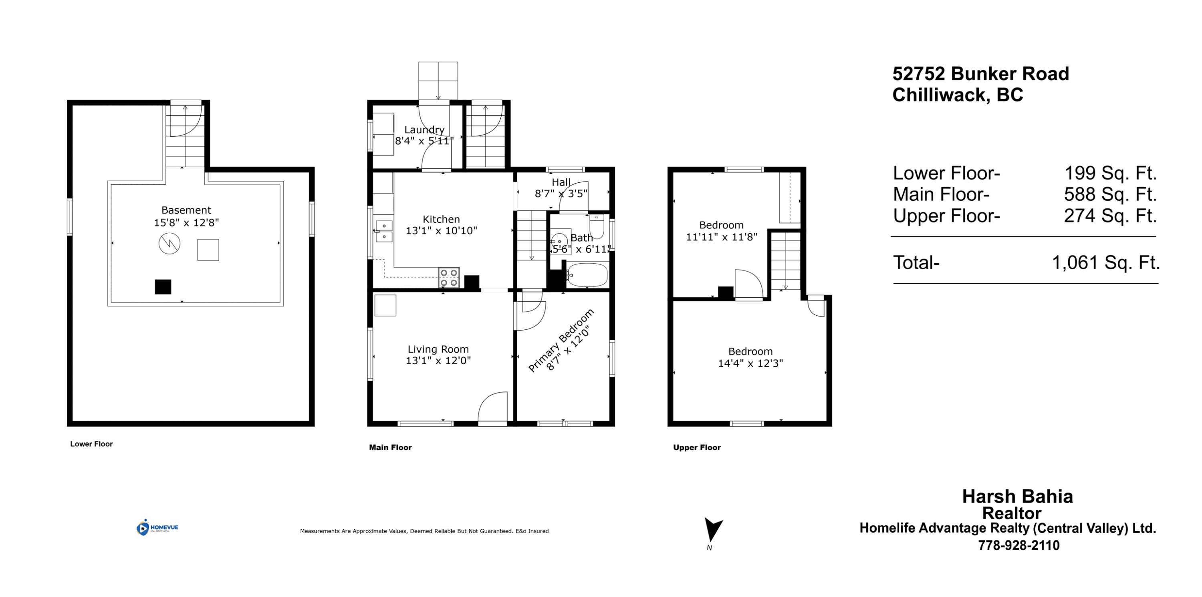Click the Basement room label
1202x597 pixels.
(x=186, y=210)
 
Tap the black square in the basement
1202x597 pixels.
(x=163, y=286)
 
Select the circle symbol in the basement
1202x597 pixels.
(x=169, y=243)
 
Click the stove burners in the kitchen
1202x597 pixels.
(x=449, y=278)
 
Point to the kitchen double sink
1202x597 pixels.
(x=384, y=230)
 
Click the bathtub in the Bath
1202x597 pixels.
(x=587, y=275)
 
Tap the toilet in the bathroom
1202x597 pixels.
(x=597, y=227)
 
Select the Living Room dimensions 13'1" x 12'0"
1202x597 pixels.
(x=438, y=360)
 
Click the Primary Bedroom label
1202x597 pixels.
(x=561, y=340)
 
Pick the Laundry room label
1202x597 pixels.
(x=424, y=130)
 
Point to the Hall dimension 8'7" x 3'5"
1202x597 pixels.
(x=561, y=193)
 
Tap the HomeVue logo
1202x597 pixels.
(x=157, y=527)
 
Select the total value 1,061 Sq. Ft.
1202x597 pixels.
(x=1105, y=263)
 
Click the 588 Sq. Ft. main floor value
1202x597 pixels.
(x=1110, y=194)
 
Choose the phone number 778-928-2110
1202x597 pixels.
(x=1018, y=545)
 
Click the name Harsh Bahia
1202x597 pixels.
(x=1017, y=496)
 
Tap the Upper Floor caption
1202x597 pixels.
(x=697, y=447)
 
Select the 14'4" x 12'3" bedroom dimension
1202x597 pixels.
(x=750, y=363)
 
